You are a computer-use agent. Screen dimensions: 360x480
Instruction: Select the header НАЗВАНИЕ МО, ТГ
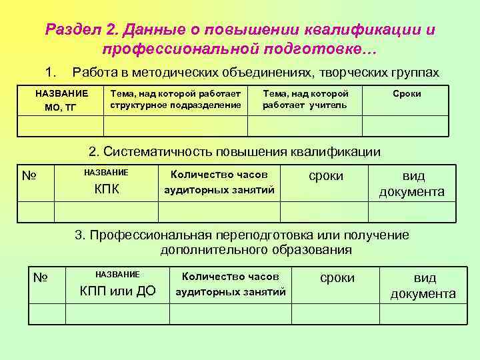(61, 100)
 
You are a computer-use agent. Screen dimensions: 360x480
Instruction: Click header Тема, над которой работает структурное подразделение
(175, 99)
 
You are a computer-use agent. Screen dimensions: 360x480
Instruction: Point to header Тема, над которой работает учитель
(305, 99)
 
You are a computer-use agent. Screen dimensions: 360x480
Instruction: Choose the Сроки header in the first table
(407, 94)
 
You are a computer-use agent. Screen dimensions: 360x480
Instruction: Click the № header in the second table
(29, 176)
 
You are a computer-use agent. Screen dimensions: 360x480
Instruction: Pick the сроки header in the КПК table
(326, 175)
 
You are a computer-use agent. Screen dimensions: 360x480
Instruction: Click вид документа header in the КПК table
(412, 183)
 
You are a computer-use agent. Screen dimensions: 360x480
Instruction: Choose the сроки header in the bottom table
(337, 277)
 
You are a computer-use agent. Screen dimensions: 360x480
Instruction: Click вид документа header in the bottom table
(423, 285)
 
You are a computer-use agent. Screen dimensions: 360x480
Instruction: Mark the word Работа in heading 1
(91, 71)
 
